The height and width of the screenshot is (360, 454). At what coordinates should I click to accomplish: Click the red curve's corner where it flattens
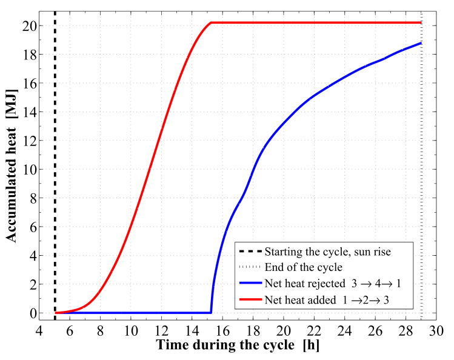(211, 23)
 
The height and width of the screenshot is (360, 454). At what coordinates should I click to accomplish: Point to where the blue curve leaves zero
(211, 312)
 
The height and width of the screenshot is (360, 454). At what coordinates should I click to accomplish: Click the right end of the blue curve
(421, 43)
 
